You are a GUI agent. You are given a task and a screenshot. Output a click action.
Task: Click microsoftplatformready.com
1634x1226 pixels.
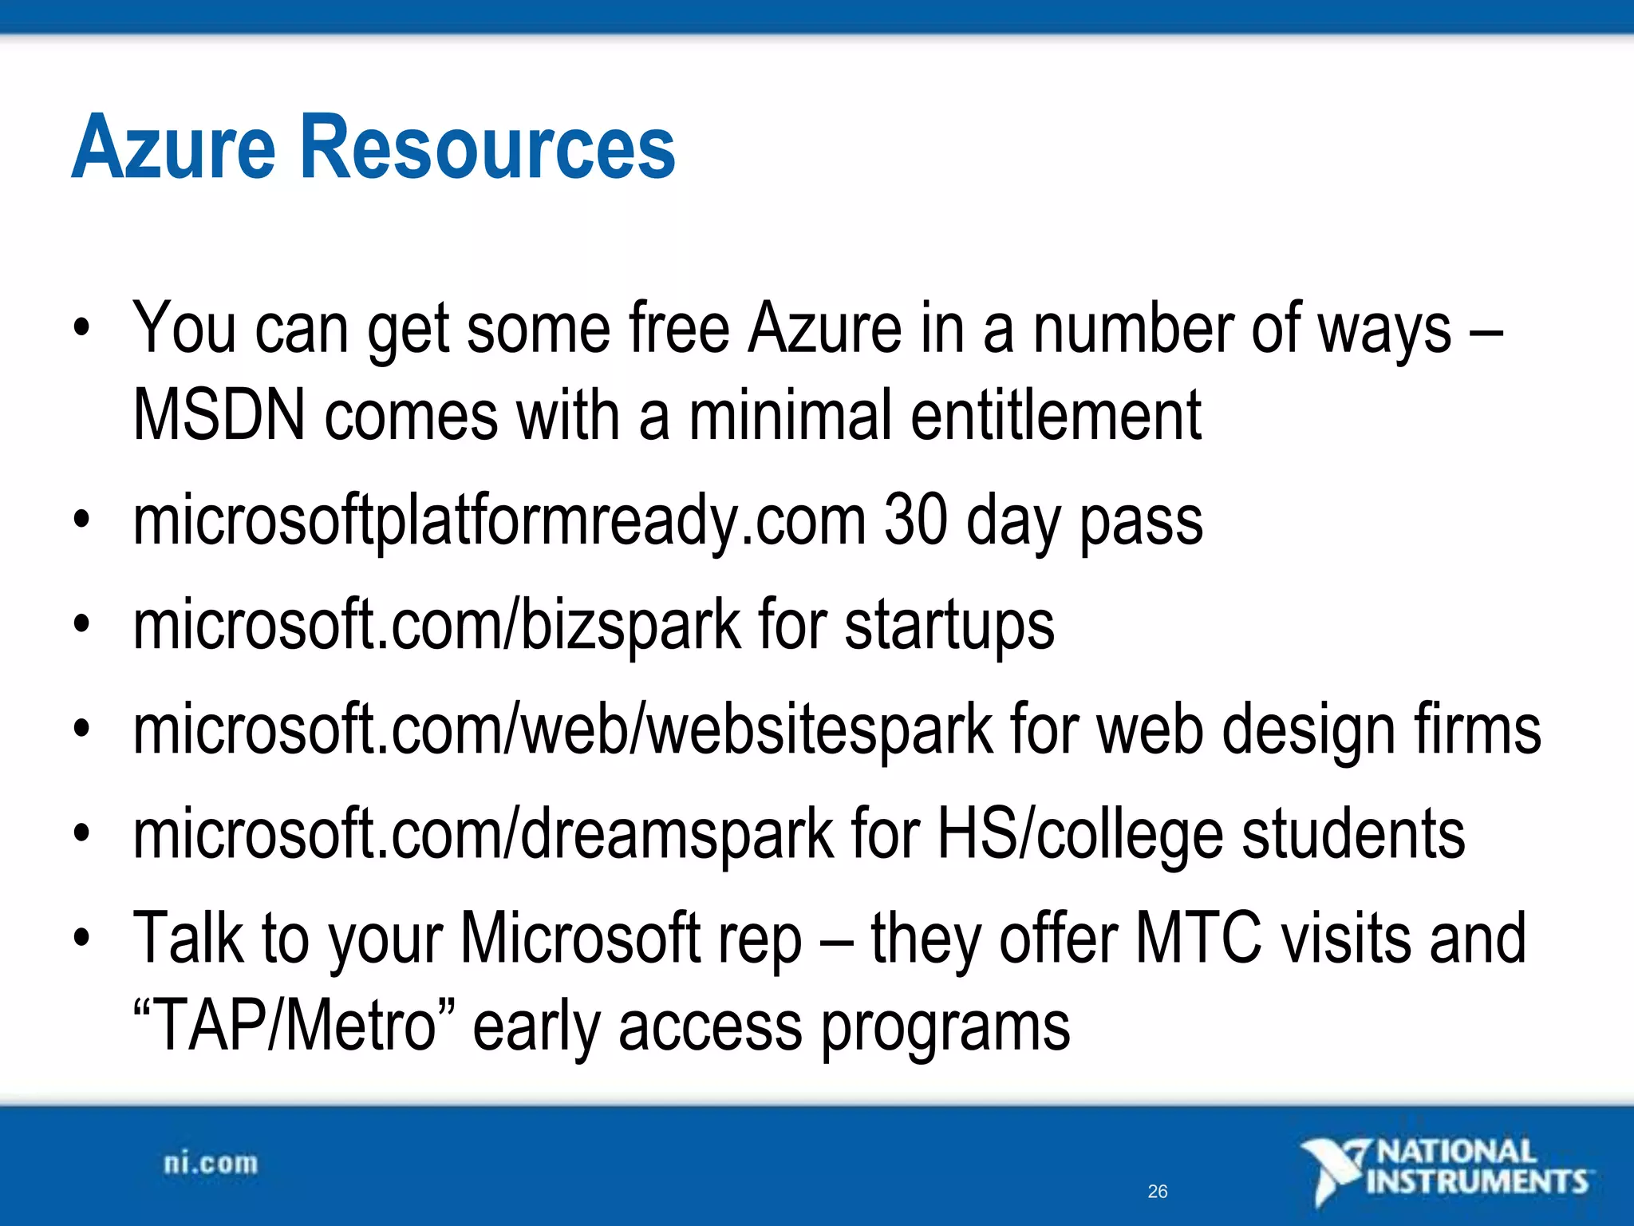click(499, 521)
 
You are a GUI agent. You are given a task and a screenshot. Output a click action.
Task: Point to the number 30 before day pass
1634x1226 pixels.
click(915, 520)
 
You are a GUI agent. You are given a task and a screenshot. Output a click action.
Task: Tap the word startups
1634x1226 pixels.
click(949, 627)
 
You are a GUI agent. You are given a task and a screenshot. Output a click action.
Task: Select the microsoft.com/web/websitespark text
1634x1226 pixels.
click(562, 730)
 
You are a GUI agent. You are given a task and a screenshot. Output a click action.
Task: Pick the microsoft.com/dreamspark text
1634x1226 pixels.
click(483, 834)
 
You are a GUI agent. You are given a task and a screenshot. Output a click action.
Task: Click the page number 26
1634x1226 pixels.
click(1157, 1192)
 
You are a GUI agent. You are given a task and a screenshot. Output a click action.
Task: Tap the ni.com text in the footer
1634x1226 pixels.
click(211, 1164)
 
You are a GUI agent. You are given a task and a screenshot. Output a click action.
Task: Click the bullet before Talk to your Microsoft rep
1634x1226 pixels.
click(81, 939)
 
